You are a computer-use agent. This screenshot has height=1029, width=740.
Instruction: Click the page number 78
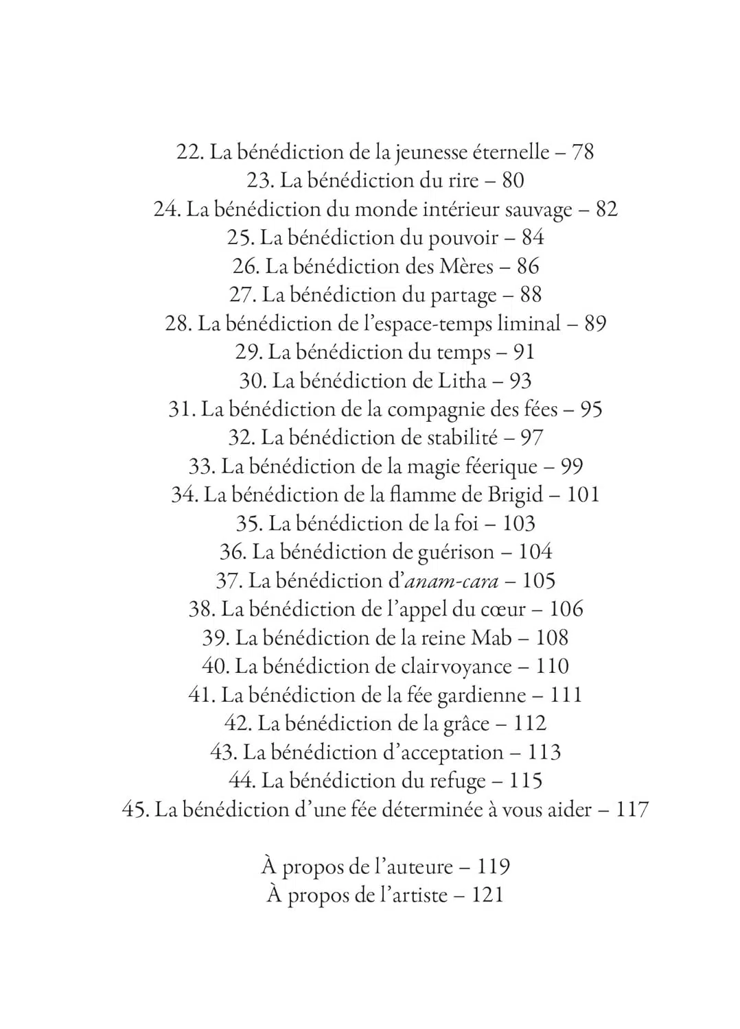click(582, 152)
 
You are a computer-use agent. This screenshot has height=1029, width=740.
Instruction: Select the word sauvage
click(537, 209)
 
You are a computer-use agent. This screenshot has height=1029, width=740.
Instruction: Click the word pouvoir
click(463, 238)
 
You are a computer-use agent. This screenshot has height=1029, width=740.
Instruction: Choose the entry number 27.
click(242, 295)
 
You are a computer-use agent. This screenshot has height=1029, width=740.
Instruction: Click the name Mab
click(490, 638)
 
